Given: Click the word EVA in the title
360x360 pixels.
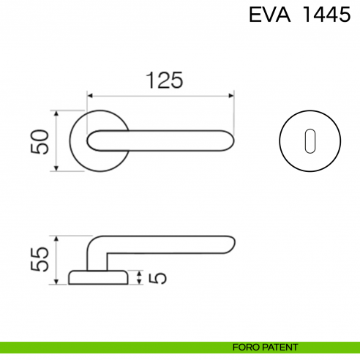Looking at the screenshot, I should [x=267, y=15].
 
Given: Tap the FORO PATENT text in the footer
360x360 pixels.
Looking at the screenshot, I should [x=265, y=347].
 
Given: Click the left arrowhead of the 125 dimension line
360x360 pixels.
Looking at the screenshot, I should [x=90, y=95].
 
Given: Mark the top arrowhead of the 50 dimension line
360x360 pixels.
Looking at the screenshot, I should [x=56, y=113].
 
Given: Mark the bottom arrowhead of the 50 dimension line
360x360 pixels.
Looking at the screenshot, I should [x=56, y=169].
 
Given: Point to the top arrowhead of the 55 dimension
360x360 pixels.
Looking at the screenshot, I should [x=56, y=238].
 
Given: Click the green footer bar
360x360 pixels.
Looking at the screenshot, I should [x=110, y=347].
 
